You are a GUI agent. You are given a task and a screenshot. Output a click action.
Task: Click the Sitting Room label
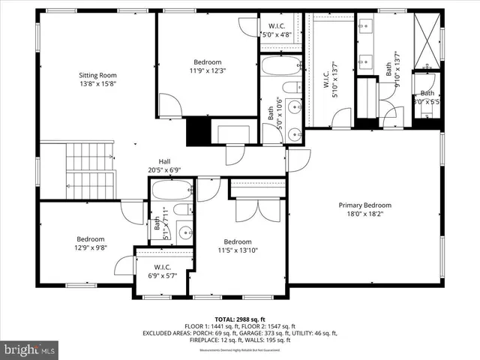[x=98, y=75]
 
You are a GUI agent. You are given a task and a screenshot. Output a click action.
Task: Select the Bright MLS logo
[x=30, y=349]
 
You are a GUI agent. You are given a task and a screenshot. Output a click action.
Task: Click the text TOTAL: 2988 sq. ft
[x=240, y=319]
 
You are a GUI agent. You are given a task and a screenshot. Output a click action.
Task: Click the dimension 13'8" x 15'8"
[x=98, y=84]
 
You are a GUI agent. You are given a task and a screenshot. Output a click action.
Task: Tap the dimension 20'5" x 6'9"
[x=165, y=170]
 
